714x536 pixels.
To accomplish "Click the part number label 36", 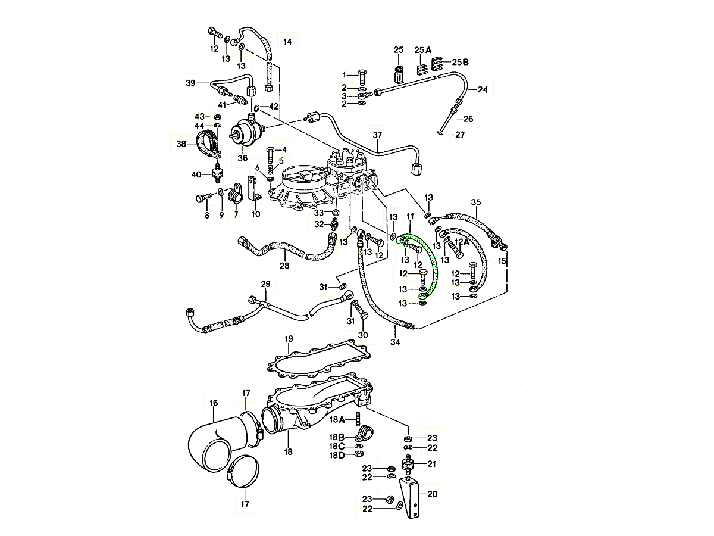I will tap(242, 158).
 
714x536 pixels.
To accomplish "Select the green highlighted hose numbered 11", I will tap(432, 262).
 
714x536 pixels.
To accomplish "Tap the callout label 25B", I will tap(460, 62).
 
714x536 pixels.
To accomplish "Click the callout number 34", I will tap(395, 342).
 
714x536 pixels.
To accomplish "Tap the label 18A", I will tap(337, 419).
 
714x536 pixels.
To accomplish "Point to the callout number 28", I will tap(284, 266).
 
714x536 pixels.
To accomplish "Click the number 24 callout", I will tap(482, 90).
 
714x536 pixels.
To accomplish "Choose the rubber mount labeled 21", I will tap(409, 464).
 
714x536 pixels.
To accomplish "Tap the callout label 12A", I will tap(462, 242).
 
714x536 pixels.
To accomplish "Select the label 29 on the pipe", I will tap(265, 283).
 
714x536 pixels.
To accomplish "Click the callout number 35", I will tap(475, 202).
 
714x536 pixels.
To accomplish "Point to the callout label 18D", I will tap(337, 456).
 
